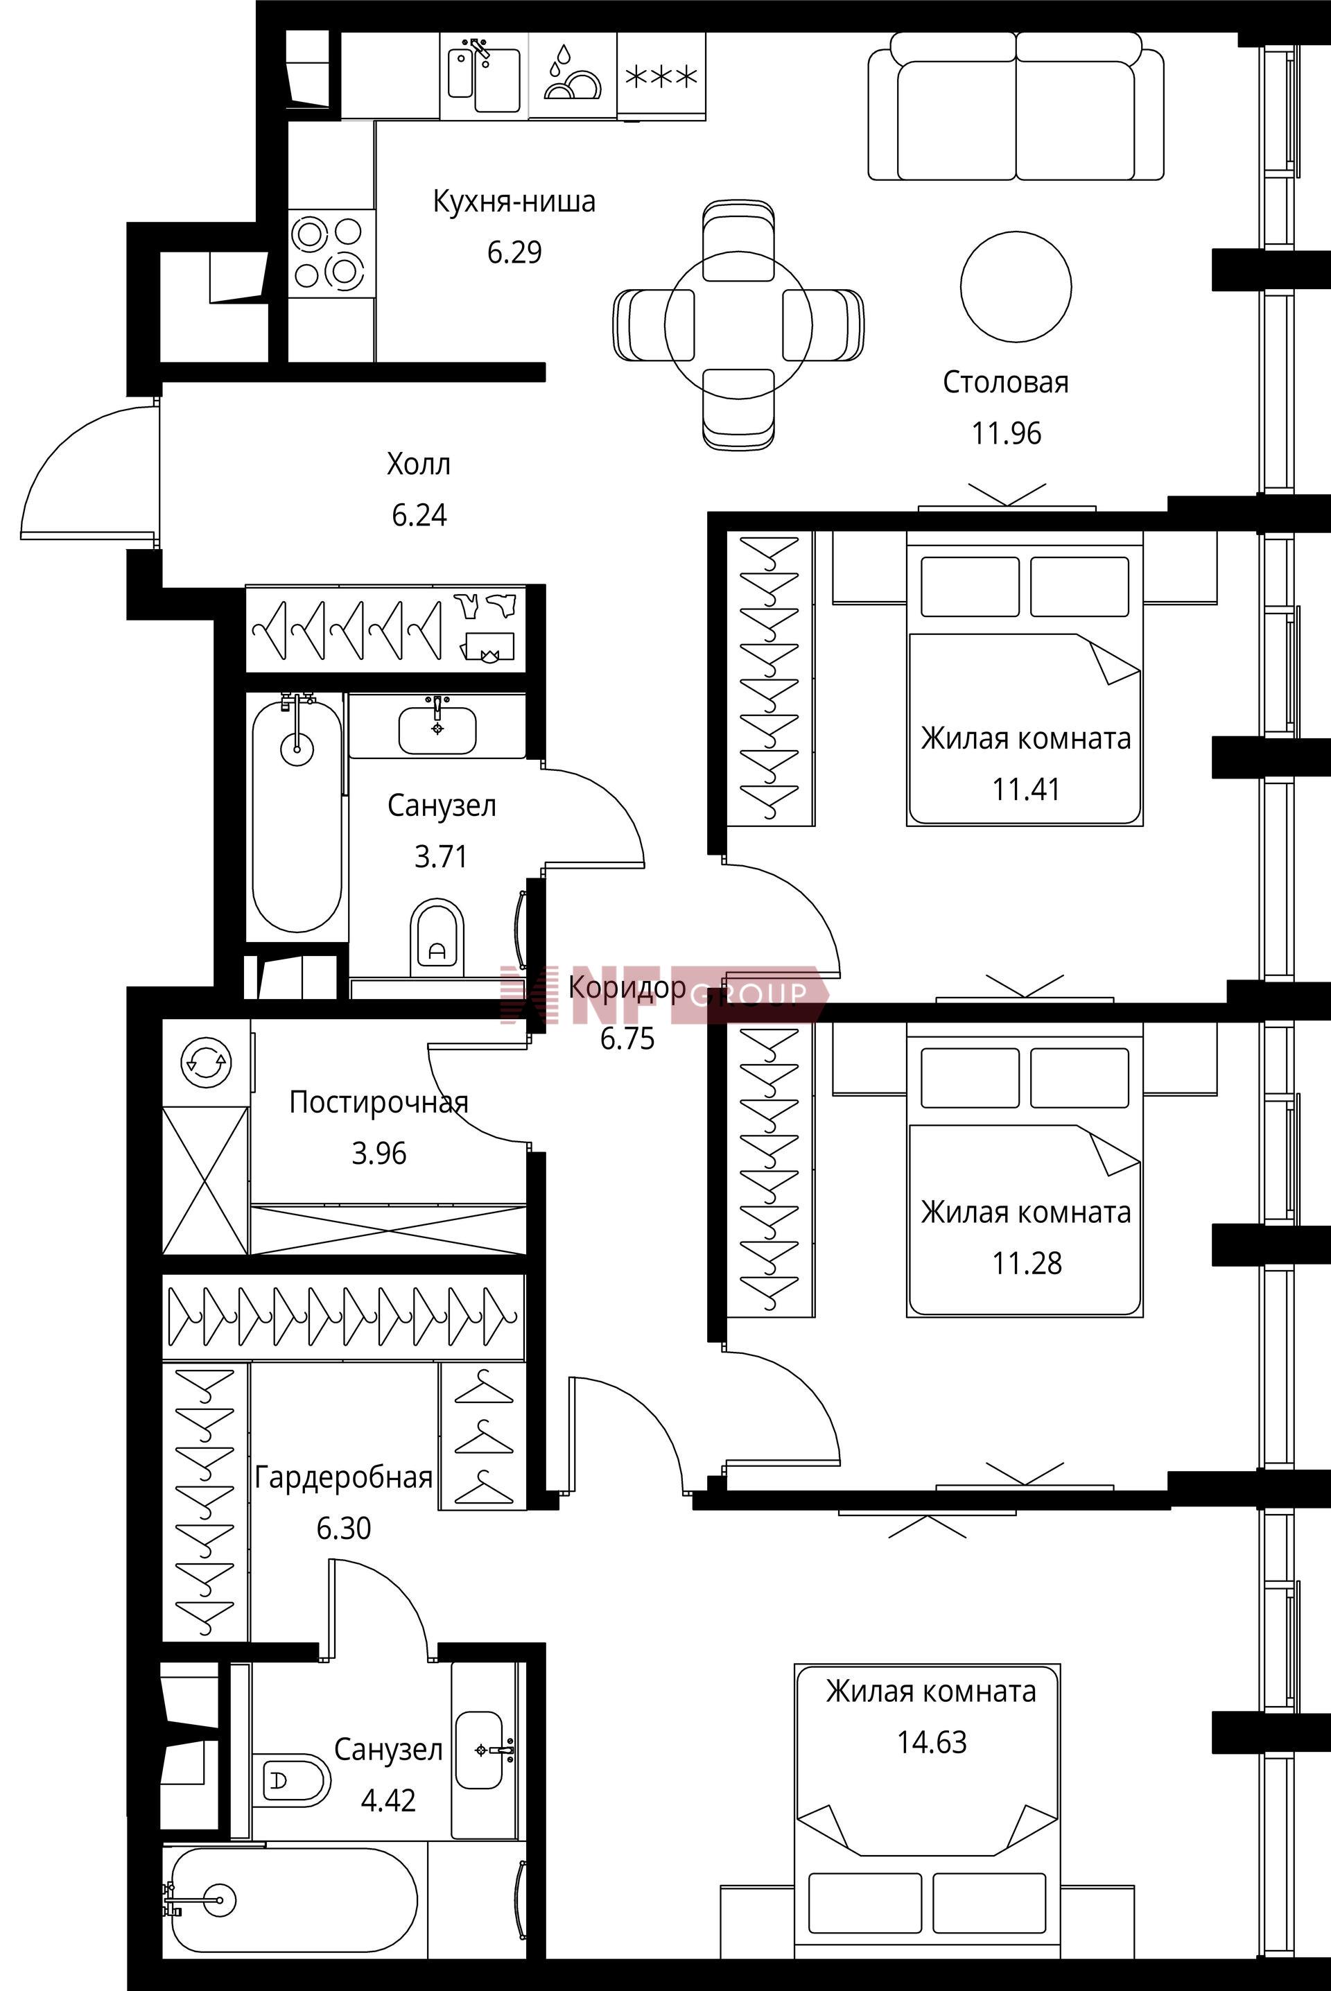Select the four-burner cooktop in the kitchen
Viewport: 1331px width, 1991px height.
tap(331, 253)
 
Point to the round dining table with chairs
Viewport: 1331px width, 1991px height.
tap(738, 324)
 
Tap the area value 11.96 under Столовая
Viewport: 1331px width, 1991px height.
tap(1006, 434)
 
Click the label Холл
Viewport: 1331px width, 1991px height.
tap(419, 464)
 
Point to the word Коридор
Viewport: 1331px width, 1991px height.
tap(627, 988)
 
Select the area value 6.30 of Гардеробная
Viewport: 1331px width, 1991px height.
tap(344, 1529)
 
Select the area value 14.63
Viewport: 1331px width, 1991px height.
tap(932, 1742)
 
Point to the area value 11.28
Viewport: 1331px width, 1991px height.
tap(1027, 1264)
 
